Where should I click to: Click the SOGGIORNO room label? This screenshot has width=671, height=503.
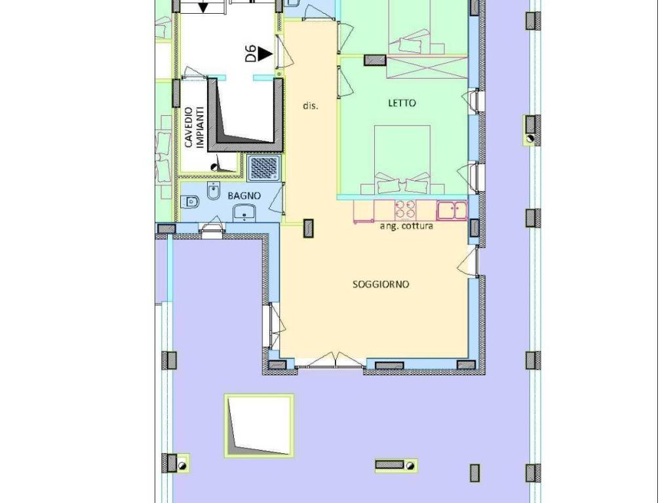[x=381, y=284]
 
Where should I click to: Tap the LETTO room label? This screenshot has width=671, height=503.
[x=402, y=103]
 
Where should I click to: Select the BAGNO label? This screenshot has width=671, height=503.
[x=244, y=196]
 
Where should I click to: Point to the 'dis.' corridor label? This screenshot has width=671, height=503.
[x=311, y=105]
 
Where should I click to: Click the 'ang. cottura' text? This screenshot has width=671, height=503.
[x=406, y=226]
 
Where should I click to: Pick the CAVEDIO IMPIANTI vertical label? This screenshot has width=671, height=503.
[x=194, y=128]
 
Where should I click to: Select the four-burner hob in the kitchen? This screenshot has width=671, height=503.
[x=405, y=210]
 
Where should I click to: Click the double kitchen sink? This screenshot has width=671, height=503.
[x=451, y=210]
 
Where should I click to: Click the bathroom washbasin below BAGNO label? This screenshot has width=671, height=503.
[x=244, y=213]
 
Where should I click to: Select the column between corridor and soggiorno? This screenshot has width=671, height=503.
[x=308, y=228]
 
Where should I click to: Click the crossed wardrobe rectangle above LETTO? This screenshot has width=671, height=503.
[x=427, y=67]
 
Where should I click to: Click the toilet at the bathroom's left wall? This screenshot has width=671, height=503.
[x=189, y=201]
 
